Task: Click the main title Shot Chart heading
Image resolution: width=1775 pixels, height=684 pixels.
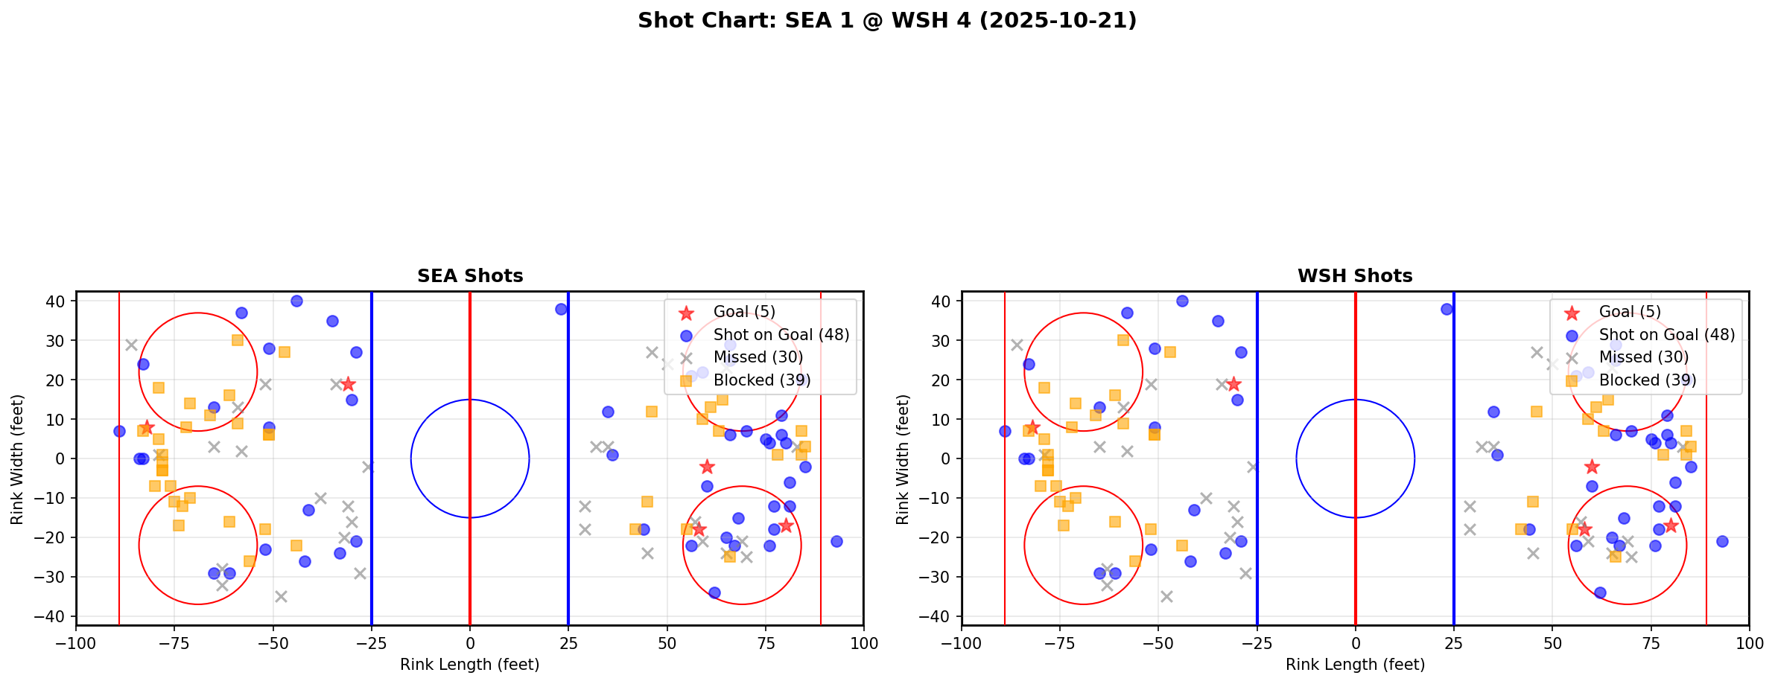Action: [x=886, y=21]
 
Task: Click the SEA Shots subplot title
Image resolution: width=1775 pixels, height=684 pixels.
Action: [x=470, y=276]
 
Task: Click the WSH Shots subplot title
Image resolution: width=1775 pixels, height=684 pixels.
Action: [x=1355, y=276]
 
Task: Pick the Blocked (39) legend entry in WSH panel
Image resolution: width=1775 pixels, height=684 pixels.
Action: [x=1648, y=380]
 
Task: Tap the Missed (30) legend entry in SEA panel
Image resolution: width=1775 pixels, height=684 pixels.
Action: [x=758, y=357]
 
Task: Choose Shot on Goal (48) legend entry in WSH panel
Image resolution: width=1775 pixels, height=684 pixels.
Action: [x=1666, y=335]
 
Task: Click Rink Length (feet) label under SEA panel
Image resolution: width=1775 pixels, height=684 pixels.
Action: [x=470, y=665]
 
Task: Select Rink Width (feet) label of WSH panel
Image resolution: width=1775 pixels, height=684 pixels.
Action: [x=903, y=458]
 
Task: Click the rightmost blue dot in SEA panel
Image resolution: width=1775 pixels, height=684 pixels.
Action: [x=836, y=541]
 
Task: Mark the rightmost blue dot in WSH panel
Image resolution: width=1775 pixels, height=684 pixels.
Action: [x=1722, y=541]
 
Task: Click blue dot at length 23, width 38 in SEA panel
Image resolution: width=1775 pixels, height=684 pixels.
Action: [x=561, y=309]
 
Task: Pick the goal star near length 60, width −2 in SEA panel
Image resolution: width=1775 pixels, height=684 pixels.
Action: [x=707, y=467]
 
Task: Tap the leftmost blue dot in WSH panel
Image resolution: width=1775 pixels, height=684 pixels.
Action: [x=1005, y=431]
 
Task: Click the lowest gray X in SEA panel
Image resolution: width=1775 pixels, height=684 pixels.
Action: [x=281, y=596]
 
